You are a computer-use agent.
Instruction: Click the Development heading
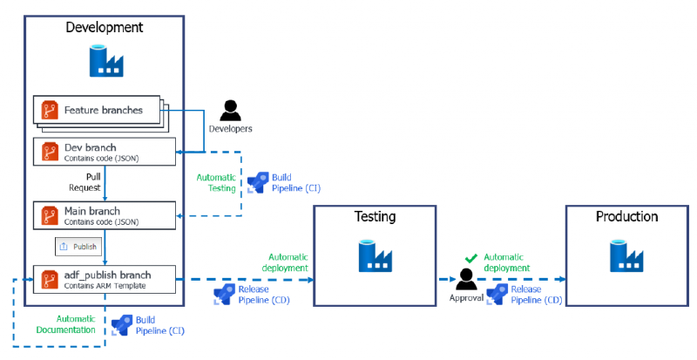tap(105, 27)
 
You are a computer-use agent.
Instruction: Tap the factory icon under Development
tap(105, 59)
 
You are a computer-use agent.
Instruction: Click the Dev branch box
tap(105, 152)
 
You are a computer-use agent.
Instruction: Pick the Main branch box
tap(105, 215)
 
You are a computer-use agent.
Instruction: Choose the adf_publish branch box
tap(105, 279)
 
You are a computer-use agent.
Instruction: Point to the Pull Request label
tap(86, 181)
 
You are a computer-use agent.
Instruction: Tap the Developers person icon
tap(230, 111)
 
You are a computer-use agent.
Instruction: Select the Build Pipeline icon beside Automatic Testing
tap(258, 181)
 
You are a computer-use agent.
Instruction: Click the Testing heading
tap(375, 216)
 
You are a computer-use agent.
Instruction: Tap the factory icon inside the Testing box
tap(375, 256)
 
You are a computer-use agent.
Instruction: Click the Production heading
tap(626, 216)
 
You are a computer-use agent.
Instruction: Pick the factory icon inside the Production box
tap(626, 256)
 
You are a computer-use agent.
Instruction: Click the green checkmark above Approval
tap(471, 257)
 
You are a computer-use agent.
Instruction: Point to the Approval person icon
tap(466, 279)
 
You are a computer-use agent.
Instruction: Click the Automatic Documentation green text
tap(66, 324)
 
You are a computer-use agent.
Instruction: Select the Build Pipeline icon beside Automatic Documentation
tap(122, 325)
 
